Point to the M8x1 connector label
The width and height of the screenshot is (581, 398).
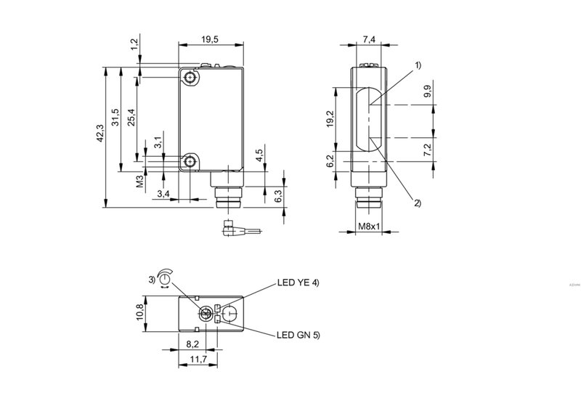pos(370,227)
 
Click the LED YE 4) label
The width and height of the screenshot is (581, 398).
pos(298,284)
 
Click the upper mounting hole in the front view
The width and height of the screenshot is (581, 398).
pos(190,78)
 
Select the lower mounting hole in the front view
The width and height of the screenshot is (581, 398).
pos(190,161)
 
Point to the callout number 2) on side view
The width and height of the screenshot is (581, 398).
pos(417,203)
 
